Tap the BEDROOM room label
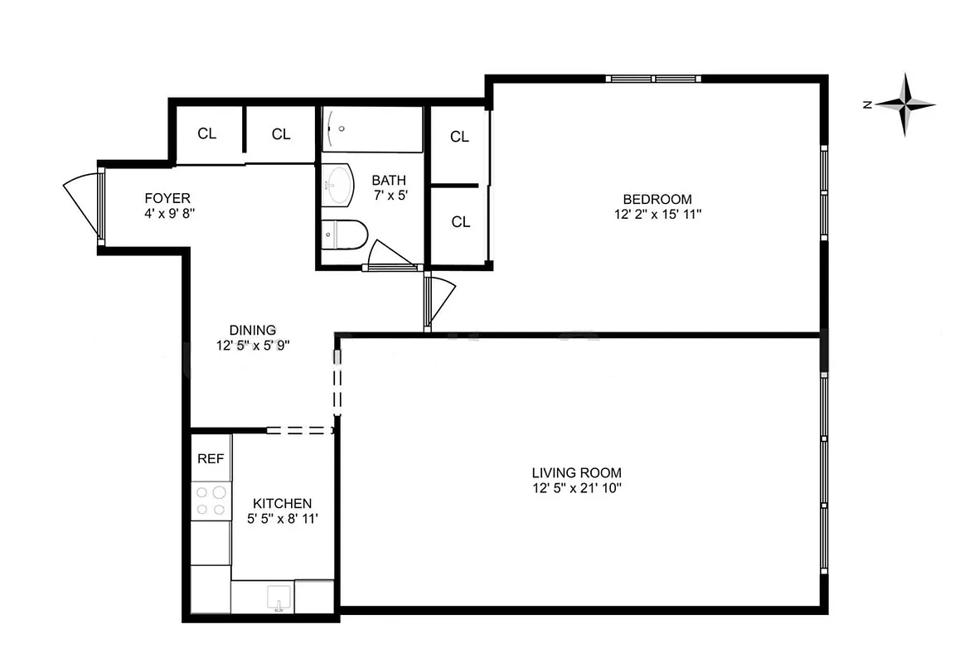coord(657,199)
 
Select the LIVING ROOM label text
coord(576,473)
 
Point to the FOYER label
coord(167,198)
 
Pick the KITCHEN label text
coord(282,503)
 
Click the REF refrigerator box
coord(211,457)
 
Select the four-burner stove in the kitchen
coord(211,500)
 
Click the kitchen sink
coord(278,597)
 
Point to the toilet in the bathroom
coord(342,235)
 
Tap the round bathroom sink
coord(338,184)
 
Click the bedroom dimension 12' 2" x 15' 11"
coord(657,214)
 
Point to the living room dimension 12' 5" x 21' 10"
coord(576,488)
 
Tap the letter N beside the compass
coord(866,104)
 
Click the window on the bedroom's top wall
coord(654,79)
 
